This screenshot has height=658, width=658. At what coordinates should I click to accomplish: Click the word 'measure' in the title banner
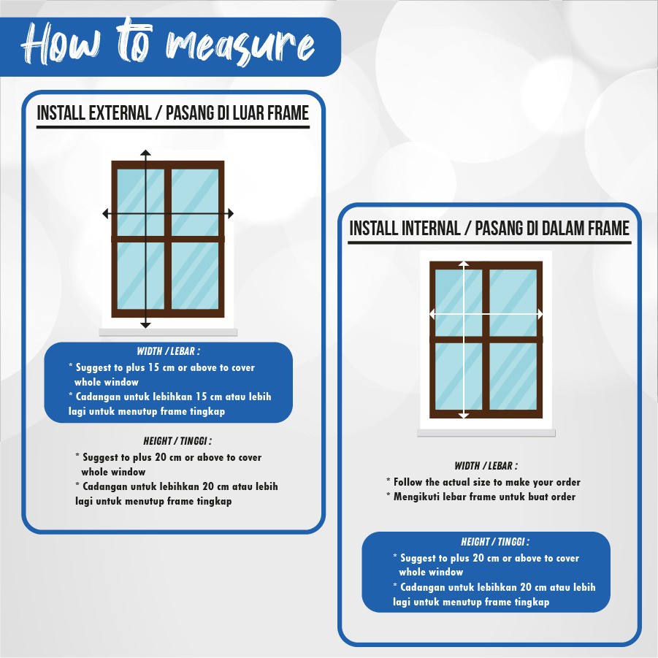coord(240,47)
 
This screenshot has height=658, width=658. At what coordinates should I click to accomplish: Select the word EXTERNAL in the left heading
coord(119,113)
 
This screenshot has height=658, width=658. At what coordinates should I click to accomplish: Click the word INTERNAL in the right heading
coord(431,229)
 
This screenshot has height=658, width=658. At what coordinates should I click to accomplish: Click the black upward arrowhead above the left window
coord(145,153)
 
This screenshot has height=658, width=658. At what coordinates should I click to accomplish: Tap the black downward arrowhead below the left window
coord(145,325)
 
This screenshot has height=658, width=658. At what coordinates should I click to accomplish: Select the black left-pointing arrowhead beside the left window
coord(106,213)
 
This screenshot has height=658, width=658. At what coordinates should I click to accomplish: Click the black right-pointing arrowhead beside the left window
coord(230,213)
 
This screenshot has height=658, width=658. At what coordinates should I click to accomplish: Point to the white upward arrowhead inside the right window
coord(464,264)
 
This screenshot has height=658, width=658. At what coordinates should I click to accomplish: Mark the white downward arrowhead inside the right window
coord(464,416)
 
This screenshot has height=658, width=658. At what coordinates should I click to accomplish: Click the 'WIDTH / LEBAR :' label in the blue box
coord(168,351)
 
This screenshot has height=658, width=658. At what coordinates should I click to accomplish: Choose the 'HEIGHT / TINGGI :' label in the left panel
coord(177,441)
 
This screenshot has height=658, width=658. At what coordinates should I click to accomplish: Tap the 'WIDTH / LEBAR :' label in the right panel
coord(486,466)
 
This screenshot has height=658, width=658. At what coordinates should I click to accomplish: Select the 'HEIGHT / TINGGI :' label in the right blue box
coord(495,542)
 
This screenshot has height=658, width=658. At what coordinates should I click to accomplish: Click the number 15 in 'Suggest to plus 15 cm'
coord(153,367)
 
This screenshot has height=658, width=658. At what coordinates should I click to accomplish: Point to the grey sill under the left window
coord(168,333)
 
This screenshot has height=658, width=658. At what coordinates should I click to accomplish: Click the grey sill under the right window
coord(486,433)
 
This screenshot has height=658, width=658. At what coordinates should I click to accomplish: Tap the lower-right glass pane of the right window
coord(513,376)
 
